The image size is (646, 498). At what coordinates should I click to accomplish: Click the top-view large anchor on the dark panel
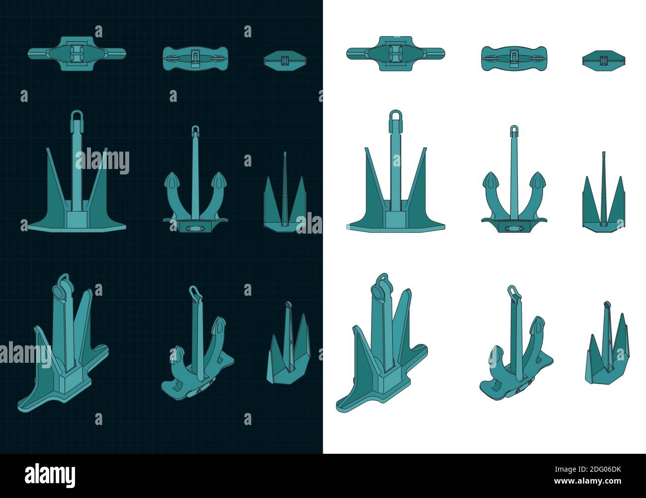point(77,53)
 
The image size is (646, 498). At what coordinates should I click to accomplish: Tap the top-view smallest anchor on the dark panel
point(285,60)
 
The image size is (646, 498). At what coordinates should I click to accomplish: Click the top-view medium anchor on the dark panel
point(196,58)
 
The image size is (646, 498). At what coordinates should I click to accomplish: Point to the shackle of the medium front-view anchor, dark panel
point(195,130)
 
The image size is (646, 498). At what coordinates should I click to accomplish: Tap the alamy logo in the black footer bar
point(50,475)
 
